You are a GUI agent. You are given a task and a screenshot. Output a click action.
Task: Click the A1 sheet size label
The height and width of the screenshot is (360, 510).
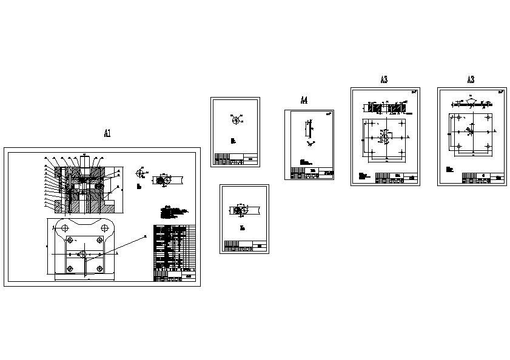(107, 133)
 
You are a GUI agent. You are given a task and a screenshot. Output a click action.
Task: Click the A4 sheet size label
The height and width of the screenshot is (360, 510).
(304, 100)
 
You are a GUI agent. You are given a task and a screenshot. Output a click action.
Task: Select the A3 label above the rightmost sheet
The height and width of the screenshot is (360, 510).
(471, 79)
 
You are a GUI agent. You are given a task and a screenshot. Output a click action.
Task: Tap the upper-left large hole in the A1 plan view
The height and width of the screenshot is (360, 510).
(62, 228)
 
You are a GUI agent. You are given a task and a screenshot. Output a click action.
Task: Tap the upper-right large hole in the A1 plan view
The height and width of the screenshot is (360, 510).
(104, 228)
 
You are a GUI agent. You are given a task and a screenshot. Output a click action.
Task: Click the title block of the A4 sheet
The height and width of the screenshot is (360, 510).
(311, 173)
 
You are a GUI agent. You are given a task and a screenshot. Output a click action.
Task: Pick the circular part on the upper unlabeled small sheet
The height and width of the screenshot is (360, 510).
(235, 121)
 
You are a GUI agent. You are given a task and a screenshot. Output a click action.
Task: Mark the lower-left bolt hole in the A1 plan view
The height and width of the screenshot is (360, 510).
(70, 268)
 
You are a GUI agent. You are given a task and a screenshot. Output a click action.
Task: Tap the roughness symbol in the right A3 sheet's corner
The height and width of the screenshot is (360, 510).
(501, 92)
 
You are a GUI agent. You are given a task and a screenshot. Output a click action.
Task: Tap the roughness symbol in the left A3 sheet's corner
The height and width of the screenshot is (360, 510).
(415, 92)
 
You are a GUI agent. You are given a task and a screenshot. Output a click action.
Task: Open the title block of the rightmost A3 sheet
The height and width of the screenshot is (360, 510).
(483, 178)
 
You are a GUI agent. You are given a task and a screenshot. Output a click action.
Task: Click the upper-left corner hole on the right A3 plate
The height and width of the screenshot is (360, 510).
(452, 116)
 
